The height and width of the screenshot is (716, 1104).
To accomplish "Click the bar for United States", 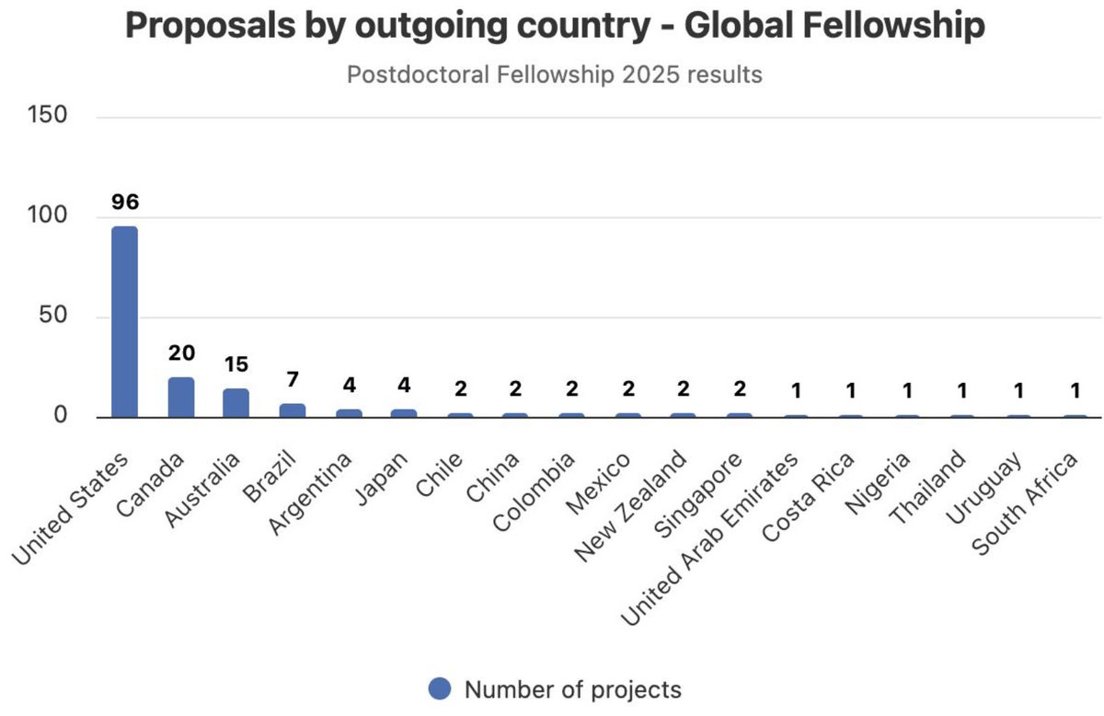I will tap(124, 322).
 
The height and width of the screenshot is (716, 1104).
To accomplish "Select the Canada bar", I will tap(181, 397).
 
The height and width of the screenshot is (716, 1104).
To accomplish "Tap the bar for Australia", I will tap(236, 402).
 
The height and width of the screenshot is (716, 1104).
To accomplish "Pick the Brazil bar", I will tap(293, 410).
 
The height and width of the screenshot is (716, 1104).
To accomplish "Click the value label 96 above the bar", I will tap(124, 201).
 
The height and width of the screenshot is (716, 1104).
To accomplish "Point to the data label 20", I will tap(181, 353).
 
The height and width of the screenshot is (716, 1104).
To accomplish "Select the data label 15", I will tap(236, 364).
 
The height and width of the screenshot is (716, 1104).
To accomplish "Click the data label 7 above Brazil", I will tap(293, 379).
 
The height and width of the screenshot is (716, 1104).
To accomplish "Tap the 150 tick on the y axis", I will tap(47, 117).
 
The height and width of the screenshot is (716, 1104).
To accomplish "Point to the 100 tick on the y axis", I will tap(47, 217).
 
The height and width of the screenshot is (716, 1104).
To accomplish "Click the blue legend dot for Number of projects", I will tap(441, 689).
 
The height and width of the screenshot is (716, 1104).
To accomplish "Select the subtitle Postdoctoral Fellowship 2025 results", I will tap(554, 74).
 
